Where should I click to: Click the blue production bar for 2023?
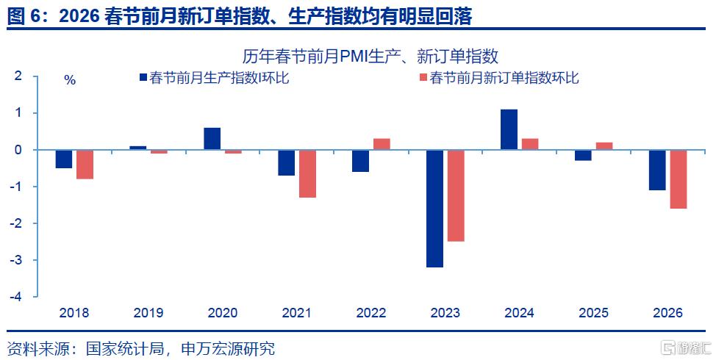tap(434, 209)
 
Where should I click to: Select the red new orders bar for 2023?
tap(456, 195)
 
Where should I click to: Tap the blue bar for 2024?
tap(509, 129)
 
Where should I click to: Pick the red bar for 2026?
tap(679, 179)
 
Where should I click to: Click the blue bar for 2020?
tap(212, 139)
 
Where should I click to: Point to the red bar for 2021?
tap(307, 174)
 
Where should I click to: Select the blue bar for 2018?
tap(64, 159)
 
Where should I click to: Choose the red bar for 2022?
tap(382, 144)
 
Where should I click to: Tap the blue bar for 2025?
tap(583, 155)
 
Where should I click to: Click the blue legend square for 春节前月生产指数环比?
tap(143, 78)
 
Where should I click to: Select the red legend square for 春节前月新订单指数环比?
tap(423, 78)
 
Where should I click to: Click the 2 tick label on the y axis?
tap(18, 76)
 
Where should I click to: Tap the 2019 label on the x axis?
tap(148, 312)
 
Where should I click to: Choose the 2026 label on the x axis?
tap(667, 312)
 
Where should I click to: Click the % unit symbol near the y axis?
tap(70, 80)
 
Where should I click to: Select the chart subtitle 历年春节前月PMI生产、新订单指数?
tap(370, 57)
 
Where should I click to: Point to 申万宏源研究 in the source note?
tap(229, 348)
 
